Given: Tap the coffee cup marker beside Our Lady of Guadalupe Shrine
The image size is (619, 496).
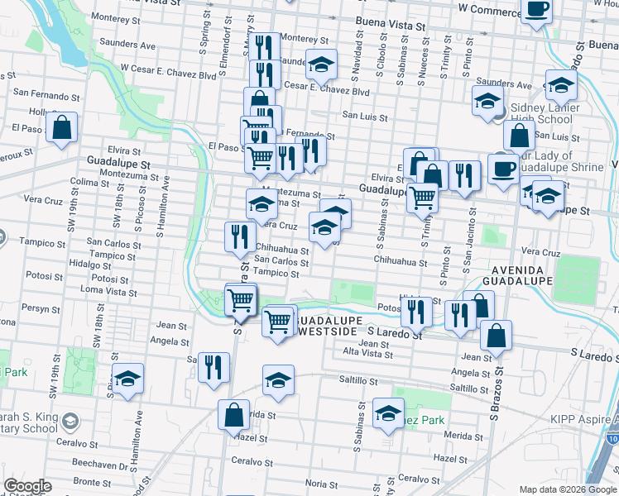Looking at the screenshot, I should pos(503,168).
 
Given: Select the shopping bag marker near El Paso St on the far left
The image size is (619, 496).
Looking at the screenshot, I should pos(61,127).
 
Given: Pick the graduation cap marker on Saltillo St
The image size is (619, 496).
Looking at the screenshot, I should pos(279,379).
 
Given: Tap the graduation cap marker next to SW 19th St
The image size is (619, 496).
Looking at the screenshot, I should pos(127,379).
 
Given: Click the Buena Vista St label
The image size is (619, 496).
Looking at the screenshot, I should pos(390,25).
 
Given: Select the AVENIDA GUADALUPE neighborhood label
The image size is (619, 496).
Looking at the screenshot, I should pos(517,276).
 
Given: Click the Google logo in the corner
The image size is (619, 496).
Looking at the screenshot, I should pos(27,486).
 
